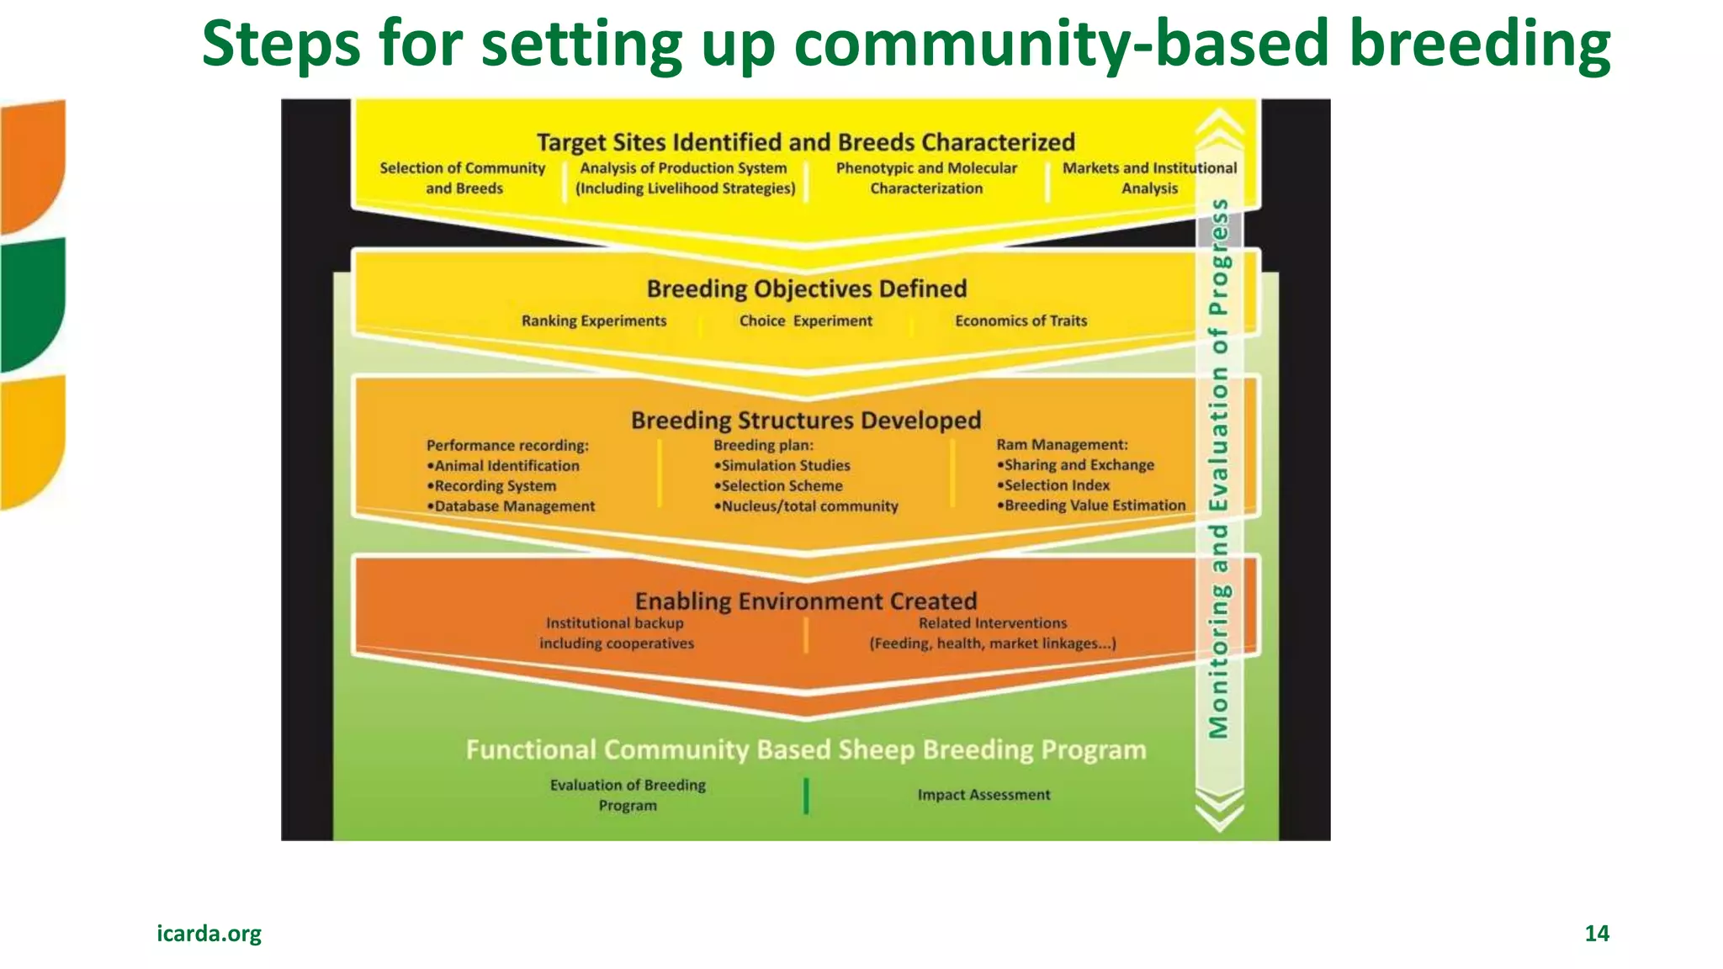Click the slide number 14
[1596, 933]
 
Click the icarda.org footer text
[209, 933]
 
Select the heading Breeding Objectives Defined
[806, 289]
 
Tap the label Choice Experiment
[805, 320]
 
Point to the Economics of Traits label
[1021, 320]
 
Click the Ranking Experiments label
[593, 320]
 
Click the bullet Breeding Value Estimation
[1093, 505]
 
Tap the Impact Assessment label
[983, 794]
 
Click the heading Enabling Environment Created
[805, 601]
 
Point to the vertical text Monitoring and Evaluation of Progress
[1219, 469]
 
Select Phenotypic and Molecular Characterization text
[925, 177]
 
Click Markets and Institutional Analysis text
[1149, 177]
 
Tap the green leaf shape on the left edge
[32, 303]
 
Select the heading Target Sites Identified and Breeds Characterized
[805, 141]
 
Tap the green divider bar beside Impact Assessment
[806, 795]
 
